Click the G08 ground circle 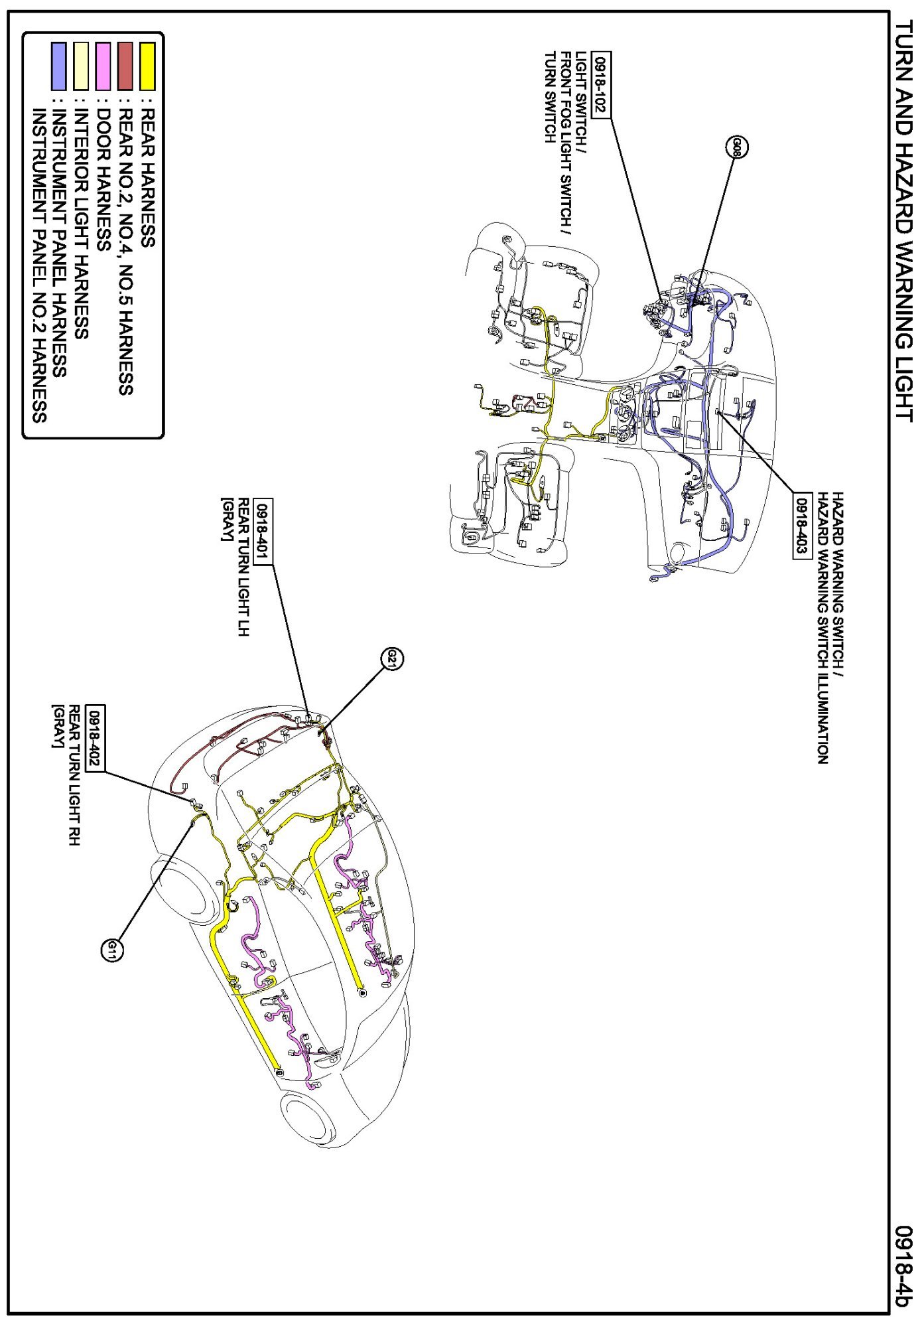click(738, 147)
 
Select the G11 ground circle click(112, 950)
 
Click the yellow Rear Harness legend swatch click(147, 66)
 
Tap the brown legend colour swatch click(125, 66)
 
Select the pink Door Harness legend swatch click(103, 66)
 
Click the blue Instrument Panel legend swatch click(59, 66)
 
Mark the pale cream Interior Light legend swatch click(81, 66)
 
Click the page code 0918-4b click(903, 1266)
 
